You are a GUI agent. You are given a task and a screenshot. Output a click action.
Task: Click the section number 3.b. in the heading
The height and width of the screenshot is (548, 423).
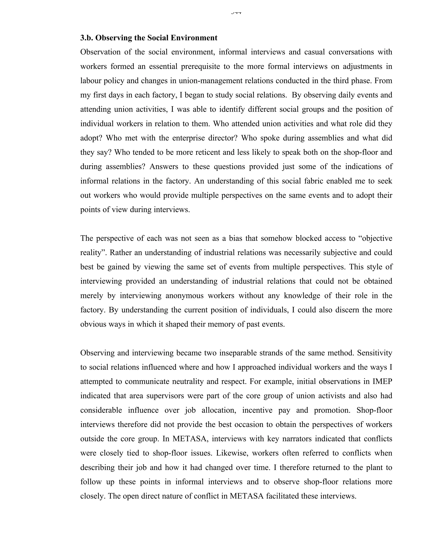(x=87, y=38)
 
